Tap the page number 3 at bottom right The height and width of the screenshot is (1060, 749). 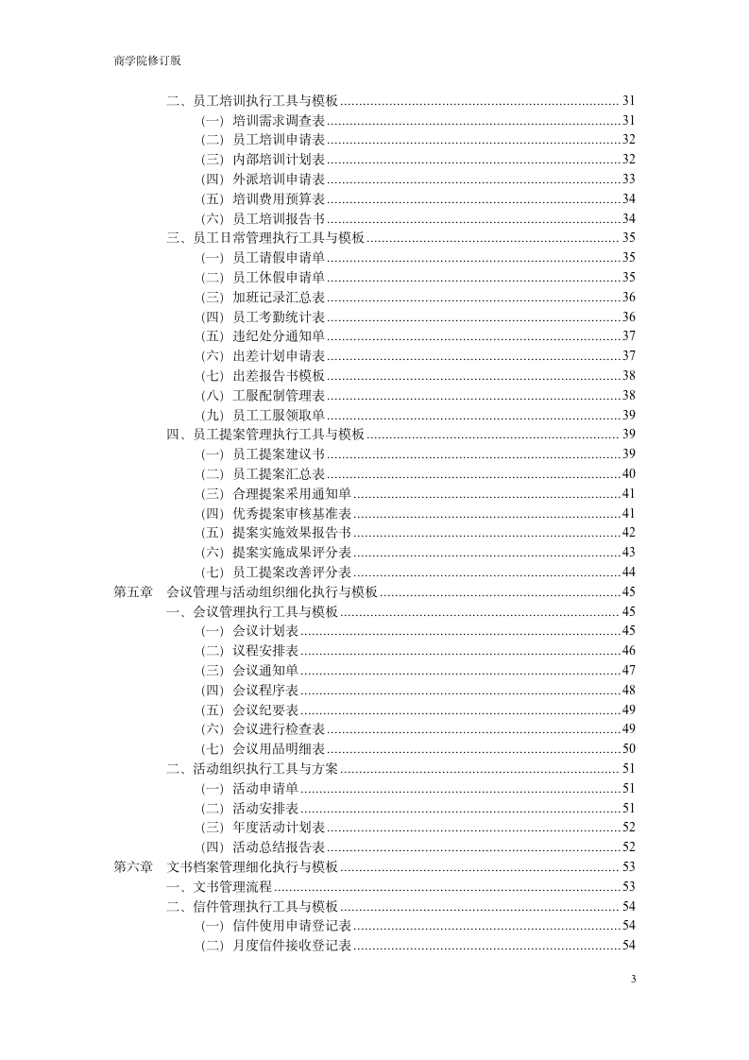point(633,979)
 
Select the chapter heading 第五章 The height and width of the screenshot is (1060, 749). point(133,591)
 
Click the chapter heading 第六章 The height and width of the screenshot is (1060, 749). point(133,866)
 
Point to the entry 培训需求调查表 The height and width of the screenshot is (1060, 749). point(279,120)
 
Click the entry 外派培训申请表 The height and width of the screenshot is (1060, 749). point(279,179)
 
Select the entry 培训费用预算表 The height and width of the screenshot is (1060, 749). point(279,198)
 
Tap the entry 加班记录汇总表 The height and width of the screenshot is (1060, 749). point(279,297)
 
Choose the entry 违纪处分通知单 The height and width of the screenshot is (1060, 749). point(279,335)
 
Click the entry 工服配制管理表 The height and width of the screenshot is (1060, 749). point(279,395)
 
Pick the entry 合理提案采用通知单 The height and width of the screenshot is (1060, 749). point(292,493)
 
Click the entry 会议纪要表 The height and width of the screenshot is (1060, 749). point(265,710)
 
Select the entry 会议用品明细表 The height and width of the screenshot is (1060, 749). point(279,748)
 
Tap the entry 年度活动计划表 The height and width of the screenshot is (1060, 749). point(279,827)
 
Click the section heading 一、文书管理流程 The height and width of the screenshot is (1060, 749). point(219,886)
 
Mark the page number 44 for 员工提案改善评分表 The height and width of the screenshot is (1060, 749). point(628,572)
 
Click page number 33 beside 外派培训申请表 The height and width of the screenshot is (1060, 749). point(628,179)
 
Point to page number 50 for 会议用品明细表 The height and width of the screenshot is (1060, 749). point(628,748)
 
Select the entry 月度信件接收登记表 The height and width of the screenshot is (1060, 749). point(292,945)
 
